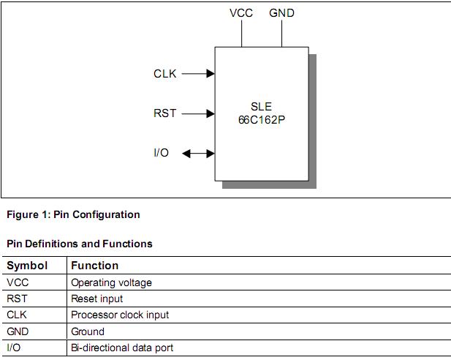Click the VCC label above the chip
pos(241,13)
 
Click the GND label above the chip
pos(281,13)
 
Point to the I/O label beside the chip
pos(162,153)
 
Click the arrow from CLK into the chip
pos(197,74)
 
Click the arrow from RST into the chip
pos(197,113)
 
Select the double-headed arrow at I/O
pos(197,154)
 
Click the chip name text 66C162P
pos(261,119)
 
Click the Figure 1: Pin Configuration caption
pos(73,215)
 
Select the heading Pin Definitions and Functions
pos(80,244)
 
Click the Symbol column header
pos(27,266)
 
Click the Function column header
pos(94,266)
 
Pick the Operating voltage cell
pos(111,282)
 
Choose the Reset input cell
pos(96,299)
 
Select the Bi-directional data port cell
pos(122,348)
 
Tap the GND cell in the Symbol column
pos(18,331)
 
